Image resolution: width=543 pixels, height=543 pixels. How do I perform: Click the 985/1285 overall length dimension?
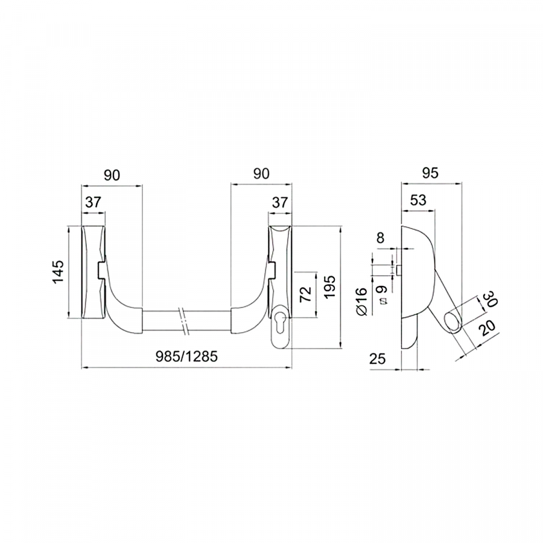(x=186, y=357)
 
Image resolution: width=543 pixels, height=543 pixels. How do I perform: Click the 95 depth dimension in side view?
(x=430, y=173)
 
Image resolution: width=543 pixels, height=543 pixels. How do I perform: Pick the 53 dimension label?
(x=418, y=200)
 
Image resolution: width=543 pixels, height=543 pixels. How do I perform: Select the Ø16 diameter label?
(x=361, y=300)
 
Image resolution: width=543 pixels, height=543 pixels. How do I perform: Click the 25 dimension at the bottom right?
(x=378, y=358)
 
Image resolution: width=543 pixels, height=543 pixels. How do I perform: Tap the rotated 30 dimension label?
(x=490, y=299)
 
